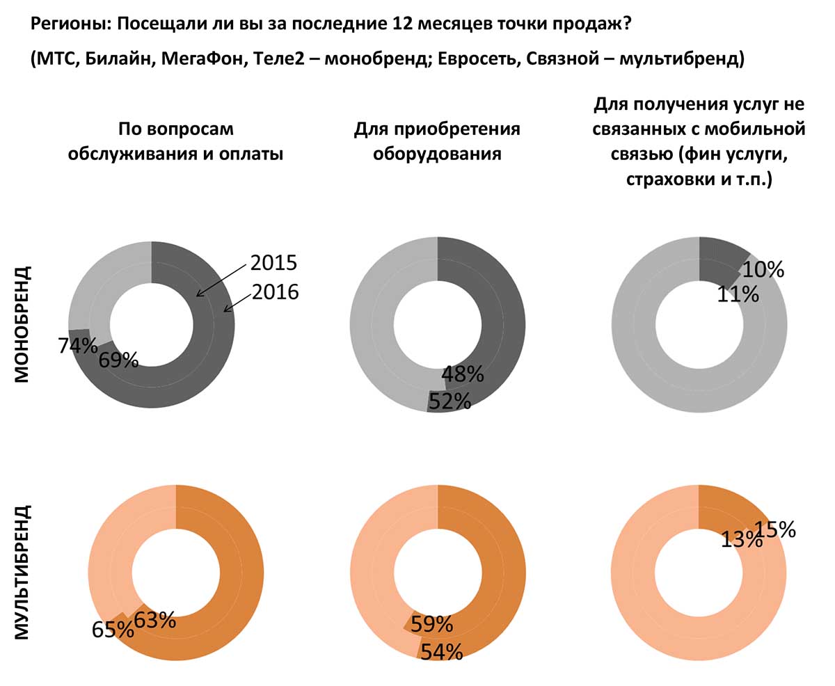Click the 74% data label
77,345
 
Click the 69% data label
118,360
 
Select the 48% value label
463,374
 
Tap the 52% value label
450,401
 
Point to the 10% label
763,269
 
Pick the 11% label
738,294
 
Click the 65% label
113,629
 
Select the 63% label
154,619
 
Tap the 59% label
431,624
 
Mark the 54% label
441,652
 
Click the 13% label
742,539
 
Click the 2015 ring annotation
273,262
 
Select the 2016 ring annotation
275,292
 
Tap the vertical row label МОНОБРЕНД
22,323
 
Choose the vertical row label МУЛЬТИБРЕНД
22,572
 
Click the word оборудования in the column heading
437,154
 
